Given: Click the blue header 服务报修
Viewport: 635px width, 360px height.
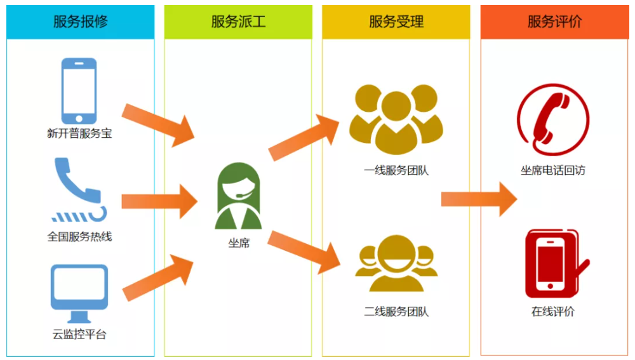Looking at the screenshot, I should pos(81,22).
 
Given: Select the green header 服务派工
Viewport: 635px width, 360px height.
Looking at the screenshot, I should pos(238,22).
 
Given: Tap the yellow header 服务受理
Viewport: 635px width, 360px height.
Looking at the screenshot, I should pos(396,22).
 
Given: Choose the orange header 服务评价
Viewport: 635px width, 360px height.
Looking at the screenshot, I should pos(554,22).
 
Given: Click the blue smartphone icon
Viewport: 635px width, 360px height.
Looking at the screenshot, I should pos(79,91).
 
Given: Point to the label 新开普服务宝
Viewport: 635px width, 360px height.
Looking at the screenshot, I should pos(79,134).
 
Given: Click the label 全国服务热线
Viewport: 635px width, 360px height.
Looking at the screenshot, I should pos(79,237).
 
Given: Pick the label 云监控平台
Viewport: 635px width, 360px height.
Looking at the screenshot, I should pos(79,335).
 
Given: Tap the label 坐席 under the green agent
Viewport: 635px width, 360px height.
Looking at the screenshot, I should pos(239,243).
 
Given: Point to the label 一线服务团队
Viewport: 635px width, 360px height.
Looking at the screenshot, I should pos(396,170).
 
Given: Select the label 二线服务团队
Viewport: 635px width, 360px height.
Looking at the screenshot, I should pos(396,312).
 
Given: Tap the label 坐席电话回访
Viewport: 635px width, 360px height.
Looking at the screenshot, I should pos(552,170).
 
